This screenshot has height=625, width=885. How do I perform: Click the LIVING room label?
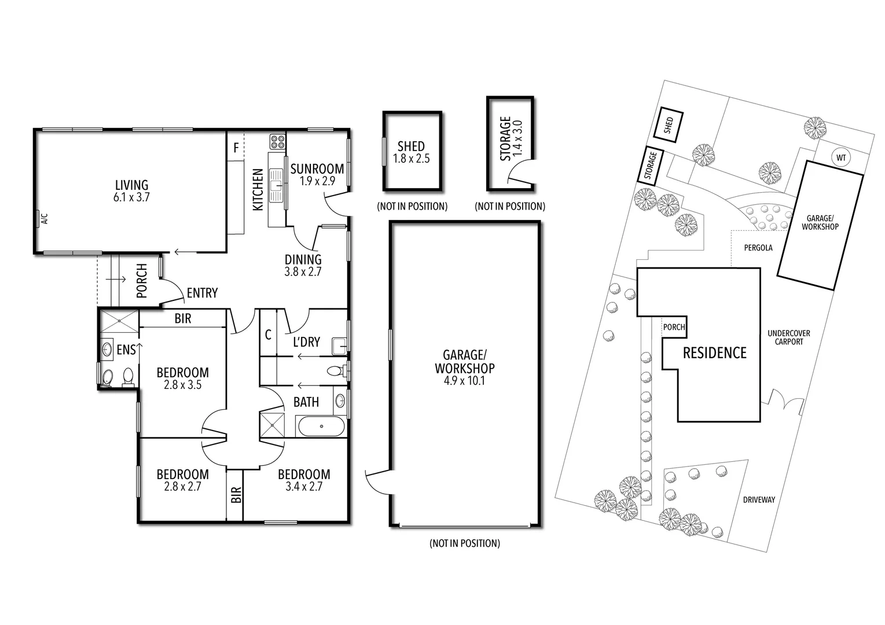pyautogui.click(x=131, y=185)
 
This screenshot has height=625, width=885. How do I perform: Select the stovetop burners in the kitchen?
pyautogui.click(x=277, y=142)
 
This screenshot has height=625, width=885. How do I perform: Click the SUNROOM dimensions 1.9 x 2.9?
pyautogui.click(x=317, y=181)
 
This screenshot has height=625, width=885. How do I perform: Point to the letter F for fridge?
pyautogui.click(x=236, y=148)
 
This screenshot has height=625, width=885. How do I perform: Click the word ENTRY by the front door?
pyautogui.click(x=202, y=293)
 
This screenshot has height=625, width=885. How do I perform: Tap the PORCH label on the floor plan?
pyautogui.click(x=142, y=281)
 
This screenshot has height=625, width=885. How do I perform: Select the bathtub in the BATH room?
pyautogui.click(x=321, y=427)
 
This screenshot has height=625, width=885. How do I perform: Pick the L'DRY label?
pyautogui.click(x=306, y=342)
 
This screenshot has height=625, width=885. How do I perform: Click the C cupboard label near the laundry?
pyautogui.click(x=268, y=334)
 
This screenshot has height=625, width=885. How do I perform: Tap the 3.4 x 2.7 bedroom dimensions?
pyautogui.click(x=304, y=487)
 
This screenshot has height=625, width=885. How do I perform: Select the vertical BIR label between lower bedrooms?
pyautogui.click(x=236, y=494)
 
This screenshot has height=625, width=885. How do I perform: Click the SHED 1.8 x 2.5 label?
pyautogui.click(x=411, y=152)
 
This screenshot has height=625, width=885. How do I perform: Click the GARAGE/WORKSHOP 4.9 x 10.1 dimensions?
pyautogui.click(x=465, y=381)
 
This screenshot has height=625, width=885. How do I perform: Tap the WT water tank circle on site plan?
pyautogui.click(x=841, y=157)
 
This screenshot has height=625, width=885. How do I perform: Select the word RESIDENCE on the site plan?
pyautogui.click(x=714, y=352)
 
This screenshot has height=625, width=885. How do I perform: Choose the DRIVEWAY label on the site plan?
pyautogui.click(x=759, y=499)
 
